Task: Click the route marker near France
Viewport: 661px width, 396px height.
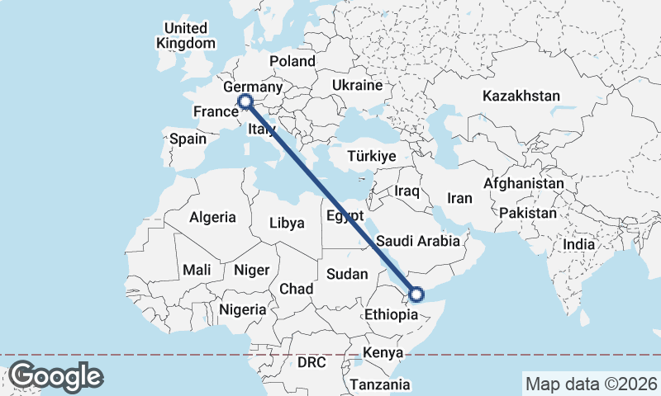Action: (x=245, y=101)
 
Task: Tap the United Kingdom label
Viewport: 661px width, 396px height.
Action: (x=186, y=35)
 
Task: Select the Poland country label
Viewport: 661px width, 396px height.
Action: (x=292, y=61)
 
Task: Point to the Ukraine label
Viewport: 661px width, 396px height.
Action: (x=357, y=85)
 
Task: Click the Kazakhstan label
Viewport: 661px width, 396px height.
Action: (x=521, y=96)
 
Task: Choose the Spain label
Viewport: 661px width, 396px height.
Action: (x=188, y=139)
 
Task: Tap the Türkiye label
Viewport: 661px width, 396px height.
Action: (x=372, y=156)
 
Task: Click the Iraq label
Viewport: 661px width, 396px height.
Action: (x=407, y=191)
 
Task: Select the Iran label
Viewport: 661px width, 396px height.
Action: (x=459, y=198)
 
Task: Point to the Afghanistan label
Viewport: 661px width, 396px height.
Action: (x=524, y=183)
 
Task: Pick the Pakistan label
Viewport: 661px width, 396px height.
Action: (x=528, y=213)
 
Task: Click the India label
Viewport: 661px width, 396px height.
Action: (x=579, y=245)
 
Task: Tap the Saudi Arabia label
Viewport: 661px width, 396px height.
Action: (x=417, y=242)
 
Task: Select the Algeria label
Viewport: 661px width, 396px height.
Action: (x=212, y=218)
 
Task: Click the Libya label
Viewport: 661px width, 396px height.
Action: (x=288, y=223)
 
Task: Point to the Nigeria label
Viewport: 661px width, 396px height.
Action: (x=243, y=310)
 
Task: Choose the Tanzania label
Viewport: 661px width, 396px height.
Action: (x=379, y=384)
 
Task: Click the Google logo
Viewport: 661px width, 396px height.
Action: (x=55, y=376)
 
